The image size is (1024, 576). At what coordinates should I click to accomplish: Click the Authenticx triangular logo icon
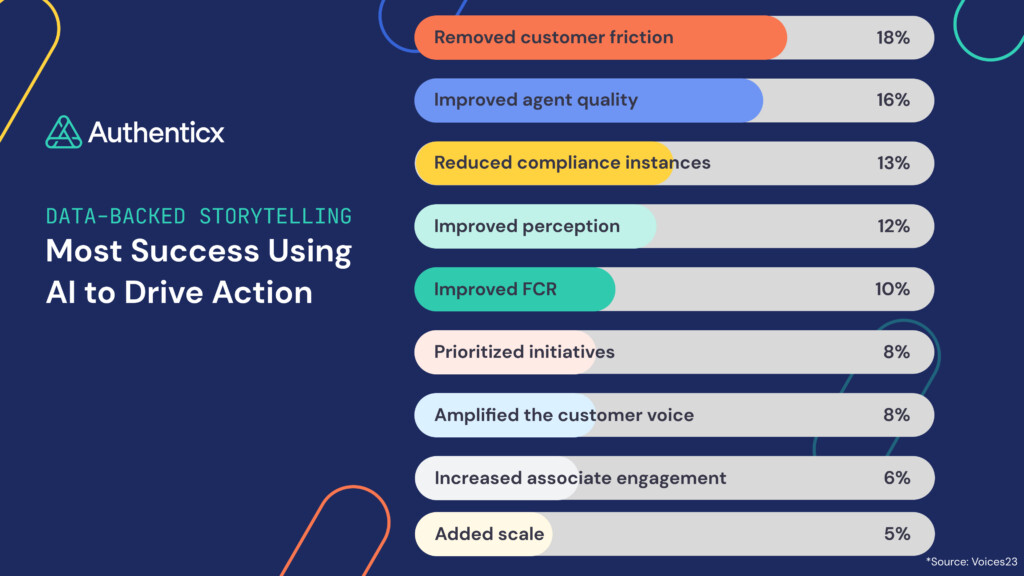point(63,132)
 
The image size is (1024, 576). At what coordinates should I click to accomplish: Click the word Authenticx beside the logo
point(156,132)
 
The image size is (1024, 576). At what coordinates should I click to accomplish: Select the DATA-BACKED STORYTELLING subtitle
point(198,215)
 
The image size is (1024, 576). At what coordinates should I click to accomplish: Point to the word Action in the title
point(262,292)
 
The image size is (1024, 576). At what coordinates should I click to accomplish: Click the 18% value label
point(893,38)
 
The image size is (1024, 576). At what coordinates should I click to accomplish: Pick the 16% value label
point(893,100)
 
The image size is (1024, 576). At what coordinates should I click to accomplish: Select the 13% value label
point(893,163)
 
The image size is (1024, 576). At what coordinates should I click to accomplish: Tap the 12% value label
point(893,226)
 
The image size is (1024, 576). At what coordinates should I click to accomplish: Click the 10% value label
point(893,289)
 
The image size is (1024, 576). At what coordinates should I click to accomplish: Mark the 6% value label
point(896,478)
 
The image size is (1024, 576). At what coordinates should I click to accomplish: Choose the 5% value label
point(896,534)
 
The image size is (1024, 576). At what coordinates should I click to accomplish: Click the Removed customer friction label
point(553,38)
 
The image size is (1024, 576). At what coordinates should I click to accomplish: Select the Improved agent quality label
point(535,100)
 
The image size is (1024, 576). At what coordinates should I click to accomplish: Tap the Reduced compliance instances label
point(572,163)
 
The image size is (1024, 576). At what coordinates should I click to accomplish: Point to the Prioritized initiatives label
point(524,352)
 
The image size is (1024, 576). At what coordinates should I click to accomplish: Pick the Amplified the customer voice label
point(563,415)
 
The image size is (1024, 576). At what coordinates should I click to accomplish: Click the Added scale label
point(489,534)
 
